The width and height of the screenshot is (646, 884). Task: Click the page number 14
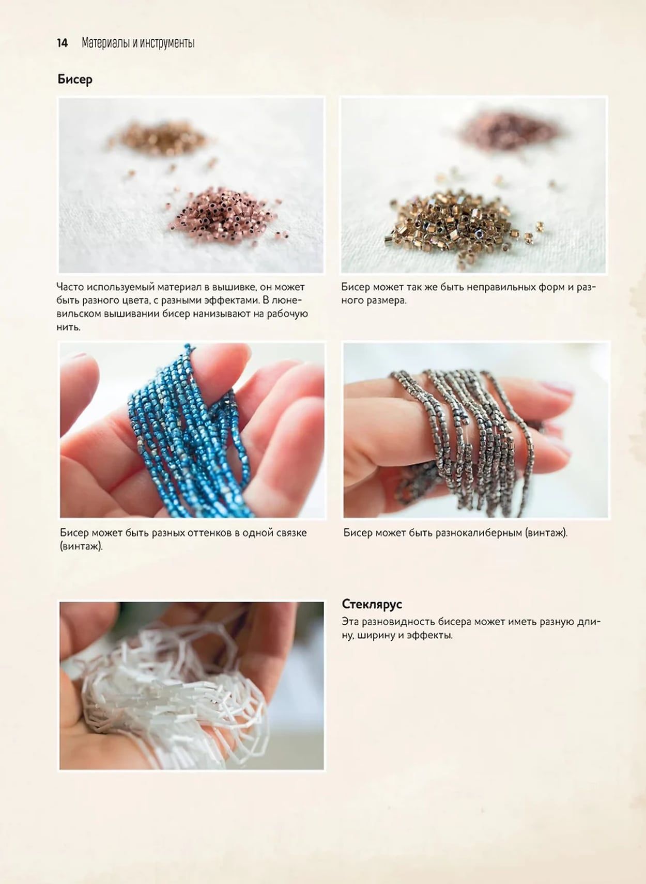coord(63,43)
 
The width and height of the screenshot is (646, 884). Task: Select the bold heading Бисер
coord(75,80)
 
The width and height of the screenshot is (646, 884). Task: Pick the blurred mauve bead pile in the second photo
coord(510,132)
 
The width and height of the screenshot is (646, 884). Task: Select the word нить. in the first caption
coord(68,327)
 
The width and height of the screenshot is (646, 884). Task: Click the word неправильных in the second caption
coord(501,287)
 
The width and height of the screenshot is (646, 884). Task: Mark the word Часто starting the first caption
coord(70,287)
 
